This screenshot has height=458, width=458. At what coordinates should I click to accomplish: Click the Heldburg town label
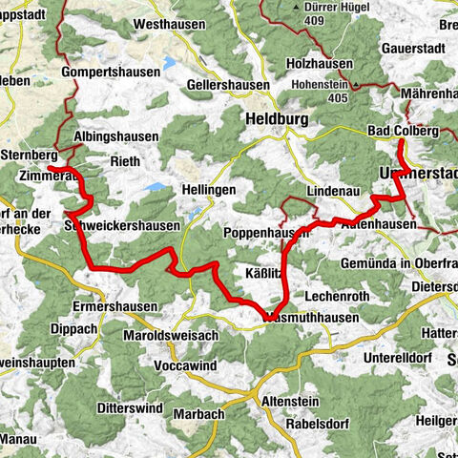click(276, 120)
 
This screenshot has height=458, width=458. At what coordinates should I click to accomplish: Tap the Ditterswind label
click(131, 406)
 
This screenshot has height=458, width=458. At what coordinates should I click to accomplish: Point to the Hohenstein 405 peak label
click(324, 84)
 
